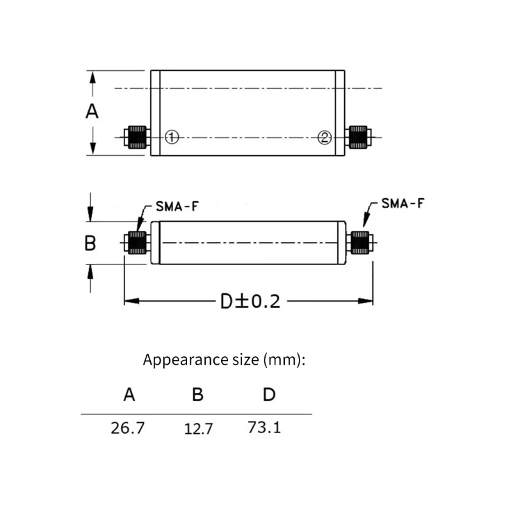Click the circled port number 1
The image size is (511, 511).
(x=171, y=137)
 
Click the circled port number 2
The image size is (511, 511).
(x=325, y=137)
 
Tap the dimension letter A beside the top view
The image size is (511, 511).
(x=93, y=112)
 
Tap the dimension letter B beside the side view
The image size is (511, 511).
(x=91, y=243)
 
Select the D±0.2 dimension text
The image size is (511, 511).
(x=250, y=301)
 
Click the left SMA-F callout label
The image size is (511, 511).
(x=177, y=207)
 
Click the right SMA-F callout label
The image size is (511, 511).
(x=402, y=204)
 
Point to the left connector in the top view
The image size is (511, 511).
(x=137, y=137)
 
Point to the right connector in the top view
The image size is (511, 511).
(x=358, y=137)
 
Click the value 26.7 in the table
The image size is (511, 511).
(x=128, y=428)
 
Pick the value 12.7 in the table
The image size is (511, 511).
(x=198, y=429)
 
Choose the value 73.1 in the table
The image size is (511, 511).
(x=264, y=427)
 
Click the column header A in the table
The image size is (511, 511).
(x=129, y=395)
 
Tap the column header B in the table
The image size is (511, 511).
(x=198, y=395)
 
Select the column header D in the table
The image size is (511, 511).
(x=269, y=395)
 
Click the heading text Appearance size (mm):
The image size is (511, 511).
(x=225, y=360)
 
